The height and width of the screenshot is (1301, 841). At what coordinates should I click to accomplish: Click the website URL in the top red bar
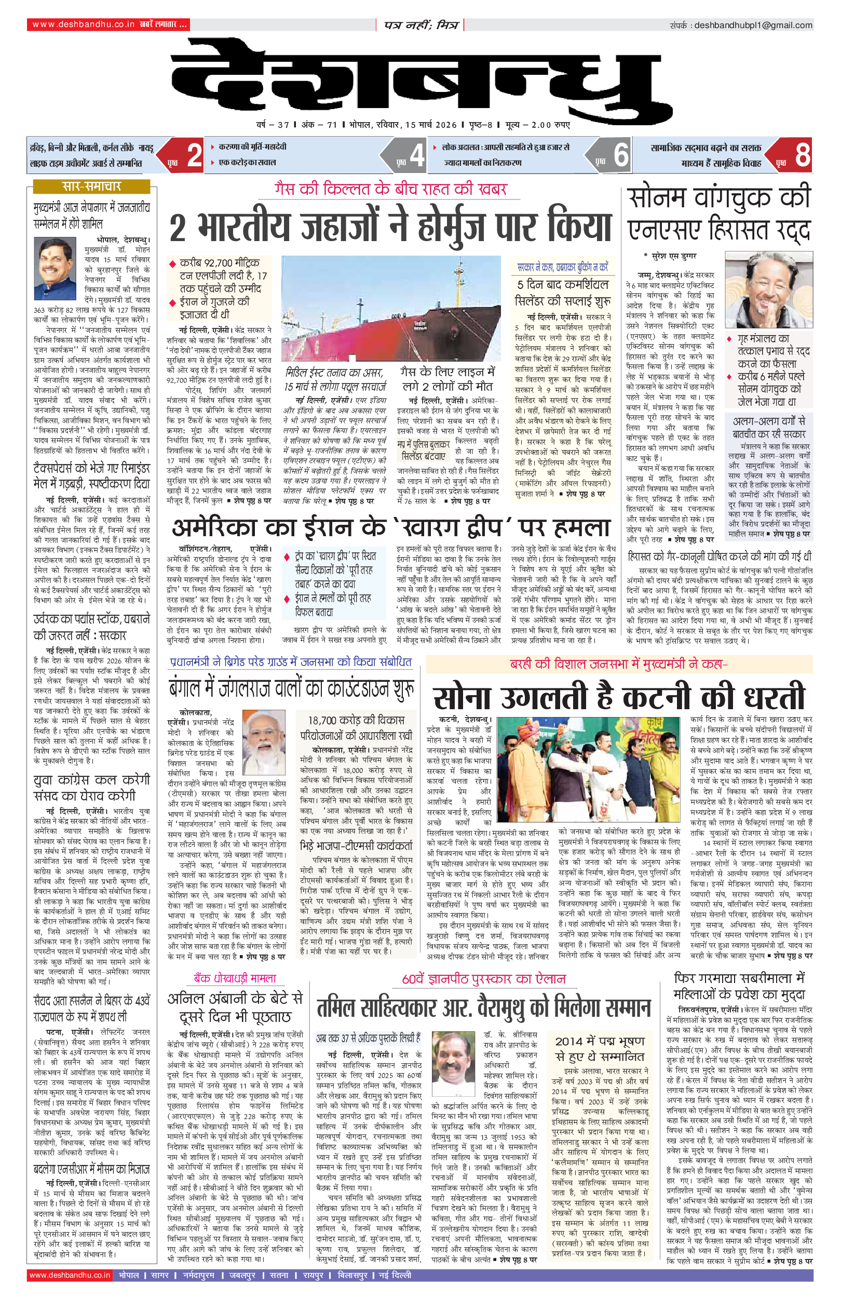pyautogui.click(x=83, y=24)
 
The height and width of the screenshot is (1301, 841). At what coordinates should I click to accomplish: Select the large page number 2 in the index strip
pyautogui.click(x=194, y=155)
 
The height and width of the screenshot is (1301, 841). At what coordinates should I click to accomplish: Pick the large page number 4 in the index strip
pyautogui.click(x=417, y=155)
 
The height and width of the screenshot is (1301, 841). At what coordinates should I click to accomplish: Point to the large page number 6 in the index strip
pyautogui.click(x=621, y=155)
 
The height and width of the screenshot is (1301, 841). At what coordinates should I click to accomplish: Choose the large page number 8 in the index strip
pyautogui.click(x=802, y=155)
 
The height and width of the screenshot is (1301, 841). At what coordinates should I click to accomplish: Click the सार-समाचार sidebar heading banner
pyautogui.click(x=91, y=187)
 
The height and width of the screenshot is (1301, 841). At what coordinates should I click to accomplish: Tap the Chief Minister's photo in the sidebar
pyautogui.click(x=55, y=269)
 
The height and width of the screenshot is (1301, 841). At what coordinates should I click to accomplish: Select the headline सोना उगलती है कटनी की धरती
pyautogui.click(x=618, y=697)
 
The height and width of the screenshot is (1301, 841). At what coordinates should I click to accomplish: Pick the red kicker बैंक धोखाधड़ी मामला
pyautogui.click(x=235, y=978)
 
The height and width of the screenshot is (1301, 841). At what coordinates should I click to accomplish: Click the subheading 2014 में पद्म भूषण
pyautogui.click(x=600, y=1041)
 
